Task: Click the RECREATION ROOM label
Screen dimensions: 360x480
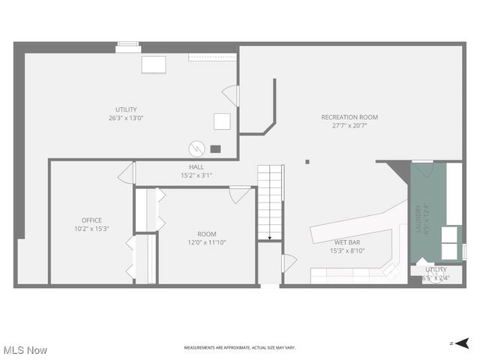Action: [349, 117]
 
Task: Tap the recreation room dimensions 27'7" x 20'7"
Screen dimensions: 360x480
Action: [349, 126]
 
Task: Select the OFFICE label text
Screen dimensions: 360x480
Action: [91, 220]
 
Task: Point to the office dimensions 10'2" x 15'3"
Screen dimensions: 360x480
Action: [91, 229]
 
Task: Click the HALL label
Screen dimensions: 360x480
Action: [196, 166]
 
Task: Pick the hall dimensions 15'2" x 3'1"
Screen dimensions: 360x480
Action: [196, 175]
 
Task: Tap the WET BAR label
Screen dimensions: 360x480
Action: [347, 242]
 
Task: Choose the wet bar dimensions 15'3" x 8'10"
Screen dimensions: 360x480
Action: [347, 251]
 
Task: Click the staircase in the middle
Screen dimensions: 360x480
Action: [270, 201]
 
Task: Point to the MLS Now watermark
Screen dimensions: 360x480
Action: [25, 350]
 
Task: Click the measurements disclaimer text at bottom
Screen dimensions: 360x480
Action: [240, 348]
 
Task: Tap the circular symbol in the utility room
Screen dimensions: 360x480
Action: [197, 148]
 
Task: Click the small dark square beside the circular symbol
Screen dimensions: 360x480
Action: [216, 148]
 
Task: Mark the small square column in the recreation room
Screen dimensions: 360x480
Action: [307, 161]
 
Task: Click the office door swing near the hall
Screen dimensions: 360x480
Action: [127, 173]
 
